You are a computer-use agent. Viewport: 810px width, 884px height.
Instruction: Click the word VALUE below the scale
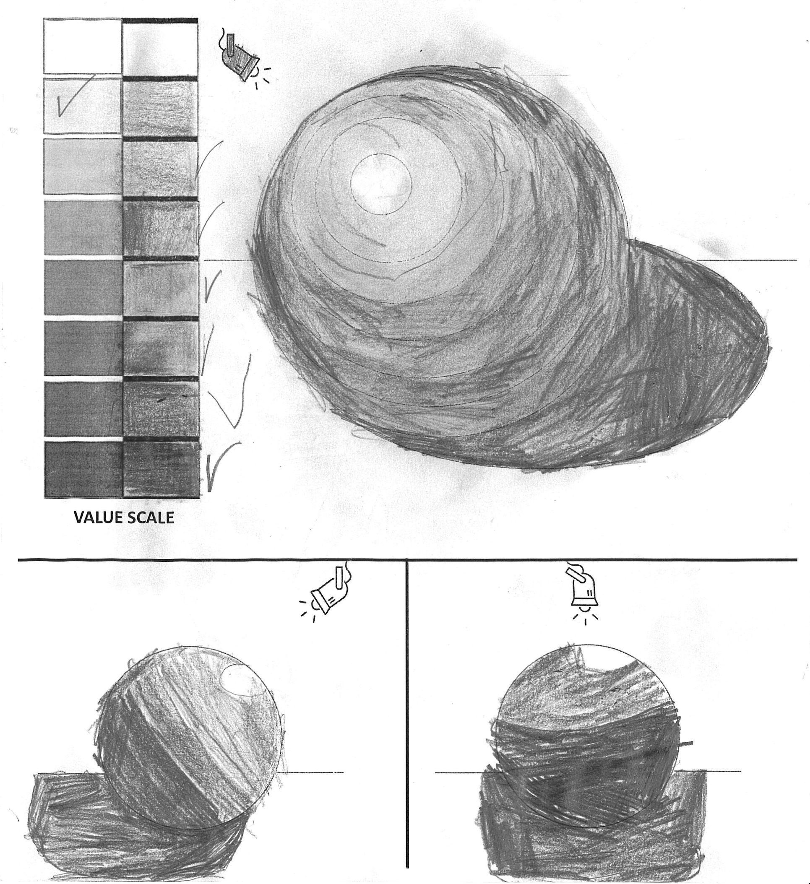(x=98, y=517)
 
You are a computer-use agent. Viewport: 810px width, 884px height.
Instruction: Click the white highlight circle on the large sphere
(x=380, y=184)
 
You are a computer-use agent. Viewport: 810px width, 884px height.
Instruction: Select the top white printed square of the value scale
(x=83, y=46)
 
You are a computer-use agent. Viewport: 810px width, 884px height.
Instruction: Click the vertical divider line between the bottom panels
(x=407, y=719)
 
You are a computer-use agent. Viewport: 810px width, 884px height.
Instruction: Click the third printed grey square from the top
(x=83, y=166)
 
